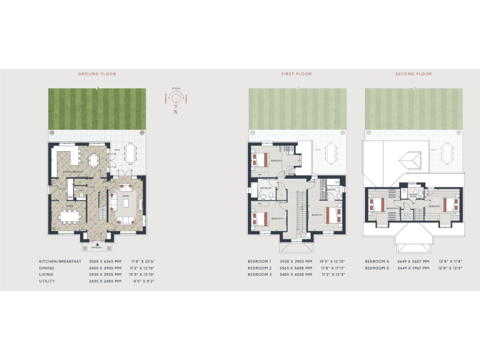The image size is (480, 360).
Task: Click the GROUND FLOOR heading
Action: (97, 74)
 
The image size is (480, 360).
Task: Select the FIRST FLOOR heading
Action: (296, 74)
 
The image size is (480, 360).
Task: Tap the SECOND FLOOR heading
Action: (413, 74)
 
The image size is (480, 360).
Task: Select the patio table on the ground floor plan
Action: (129, 152)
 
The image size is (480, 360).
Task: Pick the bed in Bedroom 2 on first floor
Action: (259, 159)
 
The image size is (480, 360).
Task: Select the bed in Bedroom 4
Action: (377, 204)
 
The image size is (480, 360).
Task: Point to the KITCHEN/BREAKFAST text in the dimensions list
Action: (60, 261)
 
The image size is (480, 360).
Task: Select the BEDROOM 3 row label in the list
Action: (259, 274)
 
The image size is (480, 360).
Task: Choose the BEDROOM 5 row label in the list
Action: (377, 267)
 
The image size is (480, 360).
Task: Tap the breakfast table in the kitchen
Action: (94, 159)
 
